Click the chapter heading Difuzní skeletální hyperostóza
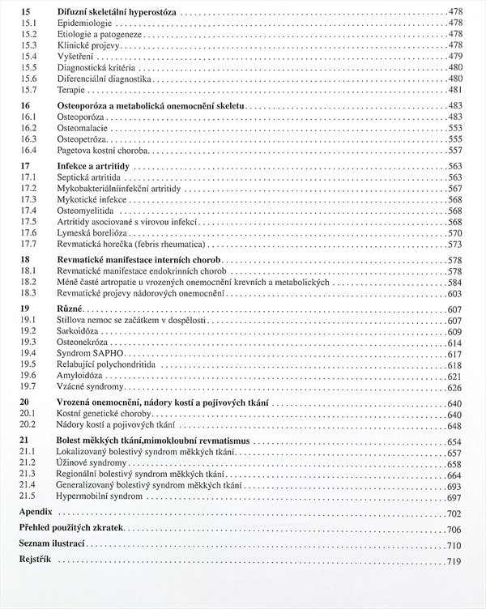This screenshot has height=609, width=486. [x=118, y=14]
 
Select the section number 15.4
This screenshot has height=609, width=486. [x=29, y=57]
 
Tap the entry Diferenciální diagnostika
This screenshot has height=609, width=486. [x=104, y=79]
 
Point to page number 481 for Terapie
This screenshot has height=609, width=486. [x=454, y=89]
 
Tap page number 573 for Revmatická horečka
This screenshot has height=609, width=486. [x=454, y=244]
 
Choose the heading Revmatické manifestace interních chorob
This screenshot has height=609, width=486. [x=142, y=260]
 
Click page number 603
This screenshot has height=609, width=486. [x=454, y=293]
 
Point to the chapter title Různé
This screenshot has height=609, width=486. [x=70, y=309]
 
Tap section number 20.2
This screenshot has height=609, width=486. [x=29, y=425]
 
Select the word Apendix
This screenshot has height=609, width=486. [x=36, y=513]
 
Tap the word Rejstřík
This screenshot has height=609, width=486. [x=35, y=561]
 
